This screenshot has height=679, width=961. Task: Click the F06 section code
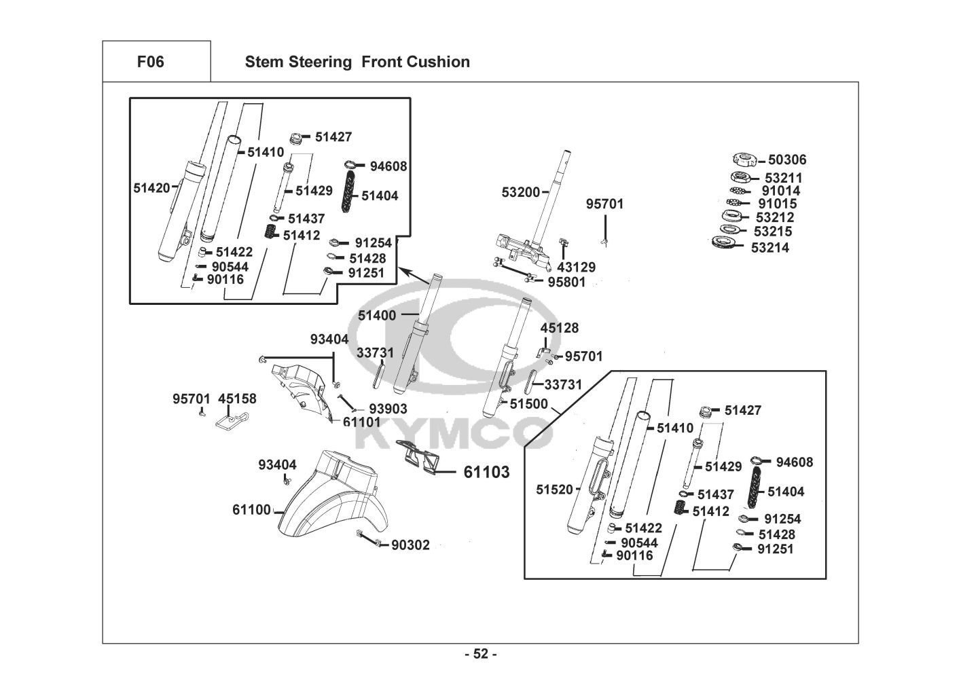[x=150, y=62]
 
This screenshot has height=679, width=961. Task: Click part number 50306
[x=787, y=160]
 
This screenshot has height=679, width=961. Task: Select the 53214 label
[x=770, y=248]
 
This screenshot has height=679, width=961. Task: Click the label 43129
[x=576, y=267]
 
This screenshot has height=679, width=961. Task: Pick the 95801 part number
[x=566, y=281]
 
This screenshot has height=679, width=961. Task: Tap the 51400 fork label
[x=377, y=315]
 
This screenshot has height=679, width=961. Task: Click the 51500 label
[x=528, y=404]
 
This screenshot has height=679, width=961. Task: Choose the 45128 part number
[x=560, y=328]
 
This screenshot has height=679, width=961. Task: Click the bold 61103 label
[x=486, y=472]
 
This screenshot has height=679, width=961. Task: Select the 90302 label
[x=410, y=545]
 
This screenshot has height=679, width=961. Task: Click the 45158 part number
[x=238, y=399]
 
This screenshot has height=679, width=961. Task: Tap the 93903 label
[x=388, y=409]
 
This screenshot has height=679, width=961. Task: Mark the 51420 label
[x=152, y=188]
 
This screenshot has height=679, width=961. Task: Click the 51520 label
[x=555, y=489]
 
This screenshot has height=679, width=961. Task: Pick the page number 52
[x=480, y=654]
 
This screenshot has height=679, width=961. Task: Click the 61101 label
[x=361, y=422]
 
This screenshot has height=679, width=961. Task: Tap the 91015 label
[x=778, y=204]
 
